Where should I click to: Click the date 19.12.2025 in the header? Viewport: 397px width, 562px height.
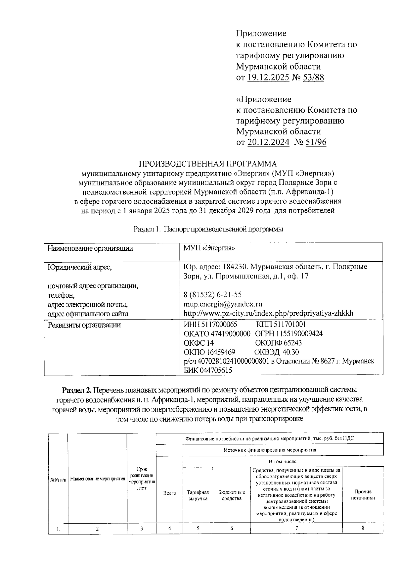[x=268, y=77]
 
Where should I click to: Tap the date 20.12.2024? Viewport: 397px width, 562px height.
[x=268, y=142]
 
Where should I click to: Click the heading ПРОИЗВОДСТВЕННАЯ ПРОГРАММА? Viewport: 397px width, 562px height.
[x=208, y=164]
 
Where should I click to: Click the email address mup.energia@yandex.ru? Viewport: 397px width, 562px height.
[x=223, y=304]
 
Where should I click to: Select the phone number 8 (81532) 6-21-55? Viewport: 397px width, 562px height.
[x=212, y=294]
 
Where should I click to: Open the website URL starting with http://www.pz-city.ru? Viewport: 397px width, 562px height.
[x=268, y=313]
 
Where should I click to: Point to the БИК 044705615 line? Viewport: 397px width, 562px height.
[x=208, y=371]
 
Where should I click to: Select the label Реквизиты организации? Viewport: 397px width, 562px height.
[x=84, y=325]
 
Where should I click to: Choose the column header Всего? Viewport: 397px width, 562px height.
[x=169, y=493]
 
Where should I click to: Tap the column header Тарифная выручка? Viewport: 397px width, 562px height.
[x=198, y=495]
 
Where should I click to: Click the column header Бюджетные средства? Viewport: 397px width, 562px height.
[x=232, y=495]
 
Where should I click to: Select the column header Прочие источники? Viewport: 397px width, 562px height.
[x=363, y=495]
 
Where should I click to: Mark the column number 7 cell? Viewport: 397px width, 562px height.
[x=296, y=528]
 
